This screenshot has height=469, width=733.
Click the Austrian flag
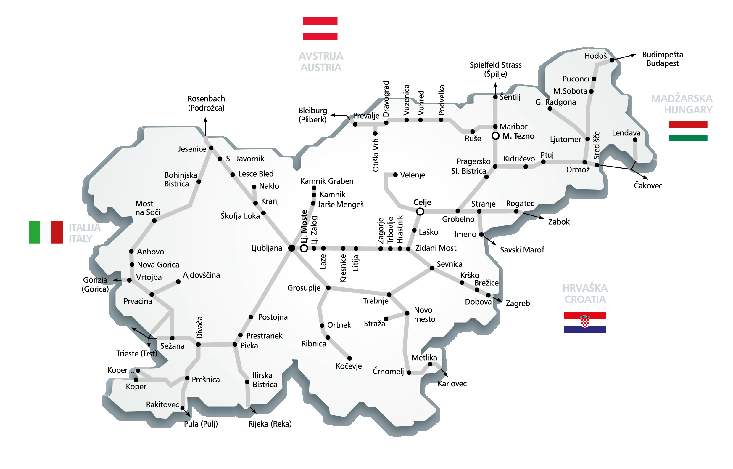pyautogui.click(x=320, y=29)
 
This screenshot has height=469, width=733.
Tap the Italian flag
pyautogui.click(x=46, y=232)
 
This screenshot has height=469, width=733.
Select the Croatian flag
pyautogui.click(x=585, y=322)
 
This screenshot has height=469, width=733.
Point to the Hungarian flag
pyautogui.click(x=688, y=131)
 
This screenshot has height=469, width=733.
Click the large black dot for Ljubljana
pyautogui.click(x=291, y=248)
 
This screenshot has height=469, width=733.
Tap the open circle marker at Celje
pyautogui.click(x=420, y=212)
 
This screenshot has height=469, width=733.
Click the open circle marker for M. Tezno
pyautogui.click(x=496, y=136)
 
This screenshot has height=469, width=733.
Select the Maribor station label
pyautogui.click(x=513, y=127)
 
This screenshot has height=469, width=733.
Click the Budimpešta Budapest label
pyautogui.click(x=662, y=59)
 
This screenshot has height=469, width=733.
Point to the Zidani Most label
pyautogui.click(x=436, y=248)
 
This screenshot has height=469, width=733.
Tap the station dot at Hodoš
pyautogui.click(x=612, y=60)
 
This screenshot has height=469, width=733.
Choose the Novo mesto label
pyautogui.click(x=424, y=315)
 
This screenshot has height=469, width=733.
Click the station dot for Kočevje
pyautogui.click(x=350, y=358)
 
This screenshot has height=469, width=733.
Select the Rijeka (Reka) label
pyautogui.click(x=270, y=424)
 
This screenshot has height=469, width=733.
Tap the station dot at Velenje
pyautogui.click(x=395, y=175)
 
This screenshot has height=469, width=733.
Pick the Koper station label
pyautogui.click(x=136, y=387)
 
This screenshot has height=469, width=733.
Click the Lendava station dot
pyautogui.click(x=635, y=140)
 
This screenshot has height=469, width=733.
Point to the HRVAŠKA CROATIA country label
pyautogui.click(x=585, y=294)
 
